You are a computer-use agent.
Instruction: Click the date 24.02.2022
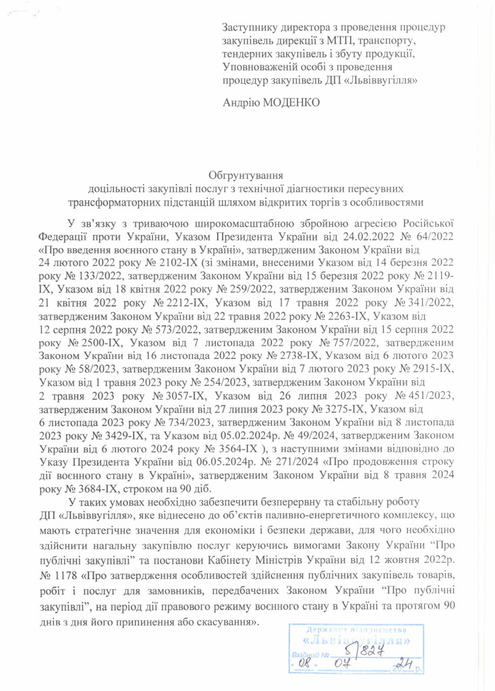tap(377, 237)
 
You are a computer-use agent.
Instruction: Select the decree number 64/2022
tap(432, 237)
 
